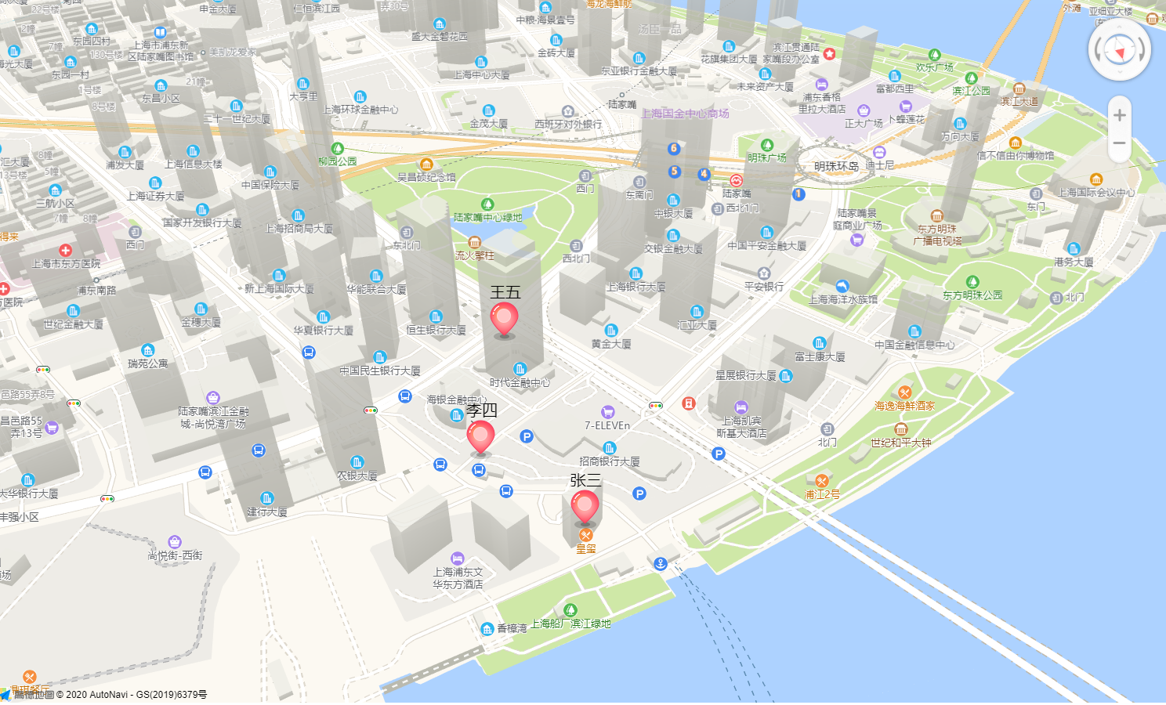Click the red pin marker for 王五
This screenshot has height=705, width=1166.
504,318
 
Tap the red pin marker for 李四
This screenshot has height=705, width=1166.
480,436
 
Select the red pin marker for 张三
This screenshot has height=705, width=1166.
585,505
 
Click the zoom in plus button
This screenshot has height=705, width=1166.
1119,115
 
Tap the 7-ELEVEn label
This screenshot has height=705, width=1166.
607,425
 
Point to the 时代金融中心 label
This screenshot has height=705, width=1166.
520,382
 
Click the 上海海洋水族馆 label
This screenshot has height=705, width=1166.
843,299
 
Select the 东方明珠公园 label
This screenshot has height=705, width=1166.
972,295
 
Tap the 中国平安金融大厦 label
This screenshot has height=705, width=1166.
766,245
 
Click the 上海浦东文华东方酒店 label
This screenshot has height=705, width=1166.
458,578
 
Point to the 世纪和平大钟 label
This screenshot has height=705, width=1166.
900,443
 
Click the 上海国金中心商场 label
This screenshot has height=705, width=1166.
685,114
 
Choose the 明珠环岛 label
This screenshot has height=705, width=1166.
836,166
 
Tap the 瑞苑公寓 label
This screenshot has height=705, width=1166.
148,363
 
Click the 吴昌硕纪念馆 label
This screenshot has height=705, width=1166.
426,177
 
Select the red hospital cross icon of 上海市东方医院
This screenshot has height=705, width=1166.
65,251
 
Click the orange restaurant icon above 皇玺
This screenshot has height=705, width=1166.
585,535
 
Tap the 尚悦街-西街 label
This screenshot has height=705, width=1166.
175,555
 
